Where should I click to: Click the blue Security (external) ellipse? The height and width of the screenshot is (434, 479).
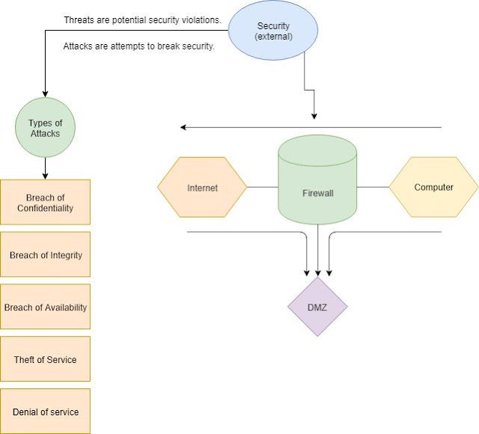(273, 31)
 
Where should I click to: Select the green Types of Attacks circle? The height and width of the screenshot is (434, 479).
(46, 128)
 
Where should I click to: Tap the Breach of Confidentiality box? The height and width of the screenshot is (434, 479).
(46, 202)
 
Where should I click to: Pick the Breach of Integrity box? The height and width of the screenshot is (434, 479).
(46, 254)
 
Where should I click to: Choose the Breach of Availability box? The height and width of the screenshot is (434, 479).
(46, 307)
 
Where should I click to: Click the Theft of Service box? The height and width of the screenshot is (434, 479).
(46, 359)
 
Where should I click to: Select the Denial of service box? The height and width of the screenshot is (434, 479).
(46, 411)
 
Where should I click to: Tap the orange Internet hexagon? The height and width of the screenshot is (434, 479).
(202, 187)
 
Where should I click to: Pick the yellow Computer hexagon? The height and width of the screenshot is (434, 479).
(433, 187)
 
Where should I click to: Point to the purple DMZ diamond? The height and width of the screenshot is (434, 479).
(318, 307)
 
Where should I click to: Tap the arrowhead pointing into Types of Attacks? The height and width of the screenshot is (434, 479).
(46, 94)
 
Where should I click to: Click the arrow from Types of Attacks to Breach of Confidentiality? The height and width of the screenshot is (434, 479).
(46, 168)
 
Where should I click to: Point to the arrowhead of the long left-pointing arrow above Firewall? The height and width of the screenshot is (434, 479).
(184, 127)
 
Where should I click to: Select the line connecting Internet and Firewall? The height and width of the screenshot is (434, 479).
(262, 187)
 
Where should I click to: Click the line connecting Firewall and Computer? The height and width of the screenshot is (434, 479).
(373, 187)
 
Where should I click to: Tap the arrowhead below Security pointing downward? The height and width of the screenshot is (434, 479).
(314, 116)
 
